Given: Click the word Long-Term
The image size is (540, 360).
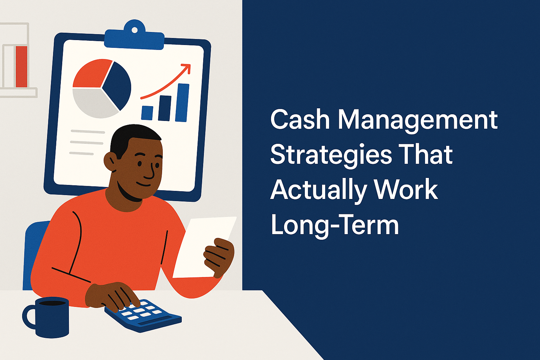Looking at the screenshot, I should click(x=335, y=226).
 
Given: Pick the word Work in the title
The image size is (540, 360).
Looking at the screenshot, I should click(x=406, y=190).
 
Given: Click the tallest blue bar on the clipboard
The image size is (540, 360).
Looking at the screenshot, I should click(x=182, y=103).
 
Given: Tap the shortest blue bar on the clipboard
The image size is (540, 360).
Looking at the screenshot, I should click(x=147, y=112).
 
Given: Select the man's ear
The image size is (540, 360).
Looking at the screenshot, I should click(x=110, y=162).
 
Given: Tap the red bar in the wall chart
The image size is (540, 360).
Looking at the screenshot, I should click(x=21, y=66).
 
